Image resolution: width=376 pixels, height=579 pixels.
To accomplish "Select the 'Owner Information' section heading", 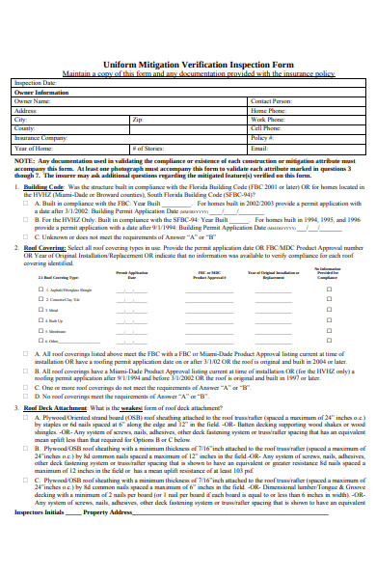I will click(42, 92).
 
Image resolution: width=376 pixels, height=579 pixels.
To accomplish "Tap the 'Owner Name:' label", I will click(33, 100).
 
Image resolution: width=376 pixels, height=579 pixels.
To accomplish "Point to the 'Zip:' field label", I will click(138, 119).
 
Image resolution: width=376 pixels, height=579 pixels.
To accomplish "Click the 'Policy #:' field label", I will click(262, 137).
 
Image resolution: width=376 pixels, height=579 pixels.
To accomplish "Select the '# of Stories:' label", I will click(147, 148).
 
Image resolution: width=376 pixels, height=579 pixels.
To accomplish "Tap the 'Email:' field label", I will click(258, 148).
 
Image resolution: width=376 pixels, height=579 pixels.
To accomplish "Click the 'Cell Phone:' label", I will click(266, 127).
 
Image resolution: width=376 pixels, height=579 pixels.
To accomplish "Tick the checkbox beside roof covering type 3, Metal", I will click(41, 310).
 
